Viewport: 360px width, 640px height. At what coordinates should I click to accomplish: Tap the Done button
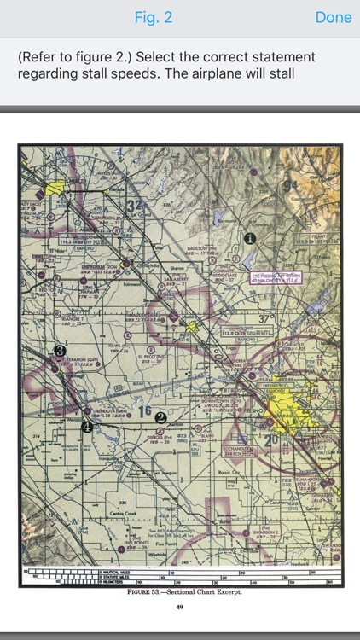333,17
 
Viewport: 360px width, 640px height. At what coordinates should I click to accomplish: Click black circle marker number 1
249,240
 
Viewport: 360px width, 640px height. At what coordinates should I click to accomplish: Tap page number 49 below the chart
179,607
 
